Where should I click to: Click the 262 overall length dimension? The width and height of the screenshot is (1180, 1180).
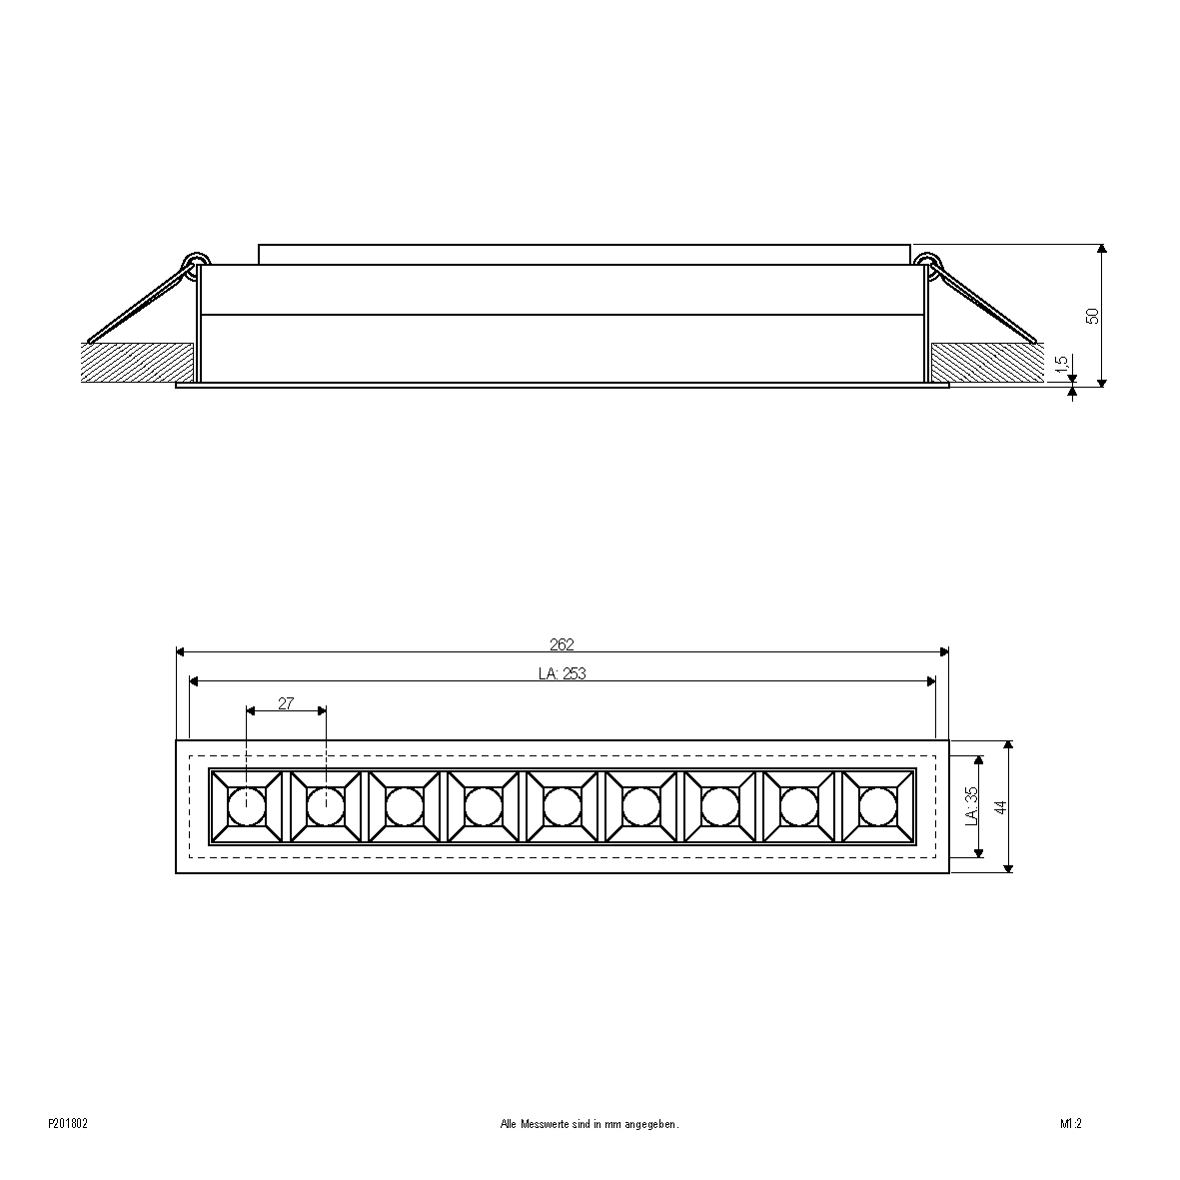pos(563,644)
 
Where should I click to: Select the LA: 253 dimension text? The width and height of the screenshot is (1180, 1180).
pos(563,674)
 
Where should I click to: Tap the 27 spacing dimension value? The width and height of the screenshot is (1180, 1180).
pos(286,703)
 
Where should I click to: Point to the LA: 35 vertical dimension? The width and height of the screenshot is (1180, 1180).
pos(971,806)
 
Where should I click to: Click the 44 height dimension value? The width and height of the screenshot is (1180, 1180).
pos(1000,807)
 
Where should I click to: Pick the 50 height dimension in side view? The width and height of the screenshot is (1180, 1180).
pos(1093,316)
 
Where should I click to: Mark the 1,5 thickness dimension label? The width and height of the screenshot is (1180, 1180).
pos(1062,365)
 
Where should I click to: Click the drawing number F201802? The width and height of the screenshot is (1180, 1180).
pos(68,1124)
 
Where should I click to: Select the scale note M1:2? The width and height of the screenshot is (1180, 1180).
pos(1071,1124)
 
